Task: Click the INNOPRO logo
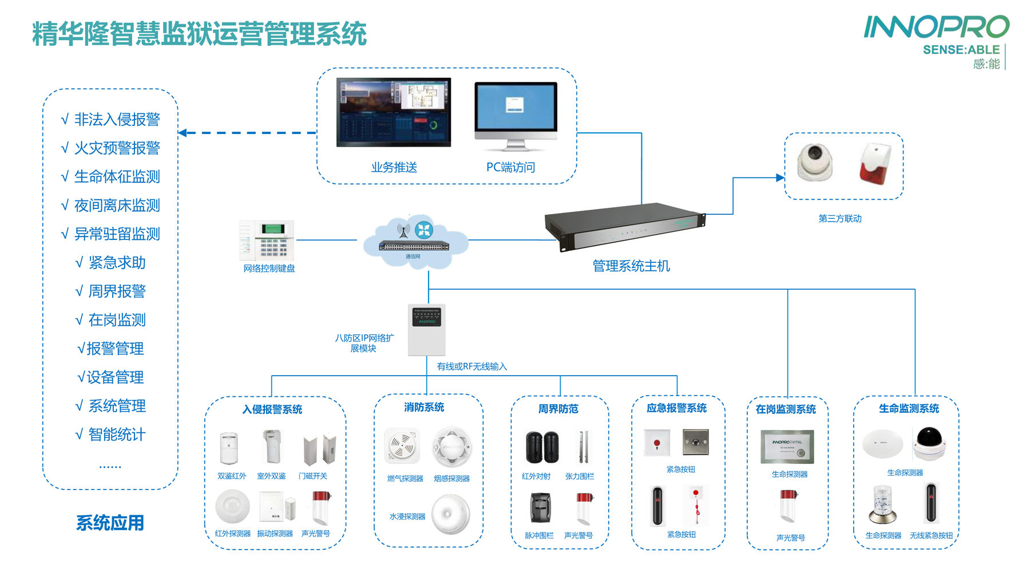(936, 27)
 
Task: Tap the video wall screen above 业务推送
(393, 112)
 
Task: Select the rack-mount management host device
(625, 226)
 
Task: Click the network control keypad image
(267, 239)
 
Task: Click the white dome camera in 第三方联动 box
(815, 163)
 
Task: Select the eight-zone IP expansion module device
(426, 330)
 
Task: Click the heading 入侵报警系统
(272, 409)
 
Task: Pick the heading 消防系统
(424, 407)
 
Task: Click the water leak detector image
(450, 514)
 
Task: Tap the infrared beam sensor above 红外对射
(541, 448)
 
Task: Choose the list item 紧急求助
(117, 263)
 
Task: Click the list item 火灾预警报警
(117, 148)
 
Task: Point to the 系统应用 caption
(110, 523)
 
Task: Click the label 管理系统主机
(631, 266)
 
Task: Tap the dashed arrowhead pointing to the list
(183, 133)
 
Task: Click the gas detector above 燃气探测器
(402, 447)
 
